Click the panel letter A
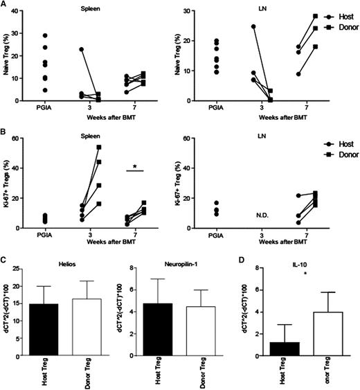pyautogui.click(x=4, y=5)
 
